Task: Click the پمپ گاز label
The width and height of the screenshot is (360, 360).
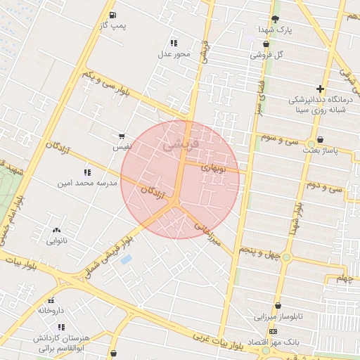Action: pos(113,25)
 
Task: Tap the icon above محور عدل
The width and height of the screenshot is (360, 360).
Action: pos(174,43)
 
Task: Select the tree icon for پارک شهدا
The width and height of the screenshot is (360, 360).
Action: pos(274,19)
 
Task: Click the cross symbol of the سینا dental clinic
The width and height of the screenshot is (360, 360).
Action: pos(321,89)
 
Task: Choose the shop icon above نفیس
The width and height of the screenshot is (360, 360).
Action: pos(122,136)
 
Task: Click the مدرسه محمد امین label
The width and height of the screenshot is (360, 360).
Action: pos(88,183)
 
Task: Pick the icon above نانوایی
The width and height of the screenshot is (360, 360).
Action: pos(56,230)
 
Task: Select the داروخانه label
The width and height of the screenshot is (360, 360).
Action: pos(51,310)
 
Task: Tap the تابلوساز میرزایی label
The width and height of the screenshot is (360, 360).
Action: pos(281,316)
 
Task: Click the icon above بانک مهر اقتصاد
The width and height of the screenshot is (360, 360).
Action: pos(273,332)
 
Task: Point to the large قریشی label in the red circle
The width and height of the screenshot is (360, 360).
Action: pos(181,146)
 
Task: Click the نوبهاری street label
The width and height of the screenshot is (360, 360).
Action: pos(213,167)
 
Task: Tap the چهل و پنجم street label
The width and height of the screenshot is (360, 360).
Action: pos(259,250)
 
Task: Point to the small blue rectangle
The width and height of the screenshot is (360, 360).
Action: pos(126,260)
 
